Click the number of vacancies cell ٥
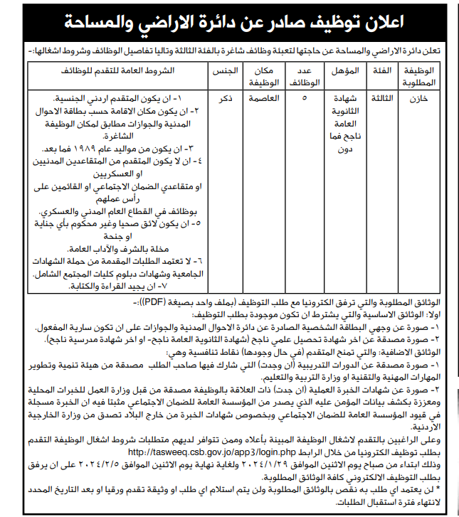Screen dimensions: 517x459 (305, 100)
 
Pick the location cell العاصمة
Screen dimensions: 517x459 (261, 100)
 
